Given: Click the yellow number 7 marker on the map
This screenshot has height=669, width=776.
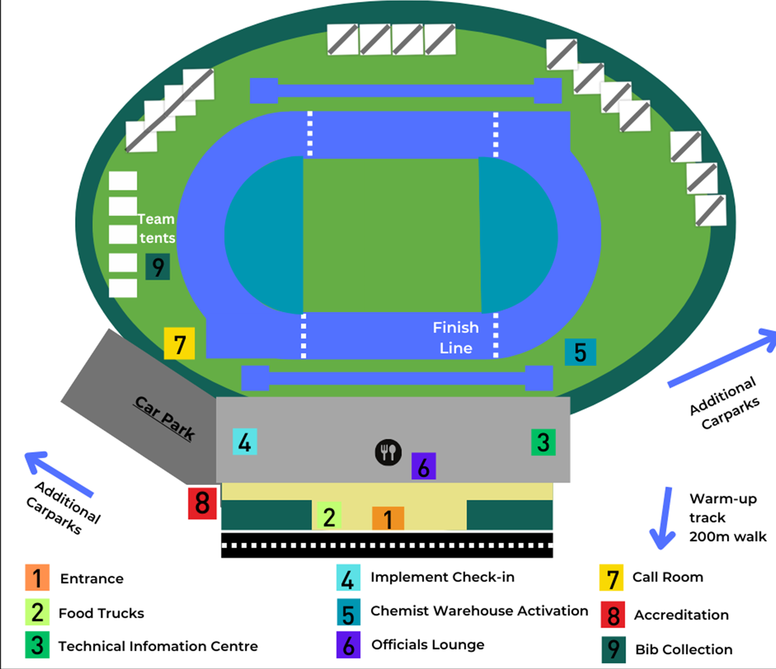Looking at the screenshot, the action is [179, 343].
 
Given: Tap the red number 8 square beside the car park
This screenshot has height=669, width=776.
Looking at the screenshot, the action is [202, 503].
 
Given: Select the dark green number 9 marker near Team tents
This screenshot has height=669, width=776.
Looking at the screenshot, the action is [158, 267].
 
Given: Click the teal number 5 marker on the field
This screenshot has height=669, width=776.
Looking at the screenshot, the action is [581, 352].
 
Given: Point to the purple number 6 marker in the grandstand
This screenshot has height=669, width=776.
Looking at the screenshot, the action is [424, 466].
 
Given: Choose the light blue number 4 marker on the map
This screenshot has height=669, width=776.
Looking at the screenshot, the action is [245, 442].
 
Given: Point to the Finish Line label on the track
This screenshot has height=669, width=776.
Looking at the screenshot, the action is [456, 338].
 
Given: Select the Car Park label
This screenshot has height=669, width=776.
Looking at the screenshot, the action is [165, 418].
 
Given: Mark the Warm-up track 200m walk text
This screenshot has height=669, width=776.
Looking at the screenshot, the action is [728, 518].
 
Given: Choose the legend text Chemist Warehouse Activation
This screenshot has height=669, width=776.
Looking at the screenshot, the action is [479, 611].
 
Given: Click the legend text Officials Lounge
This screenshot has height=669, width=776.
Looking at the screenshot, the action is [428, 645].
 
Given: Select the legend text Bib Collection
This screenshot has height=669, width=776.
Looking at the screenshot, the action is [684, 649].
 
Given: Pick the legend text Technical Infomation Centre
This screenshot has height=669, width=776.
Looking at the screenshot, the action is [158, 646].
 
